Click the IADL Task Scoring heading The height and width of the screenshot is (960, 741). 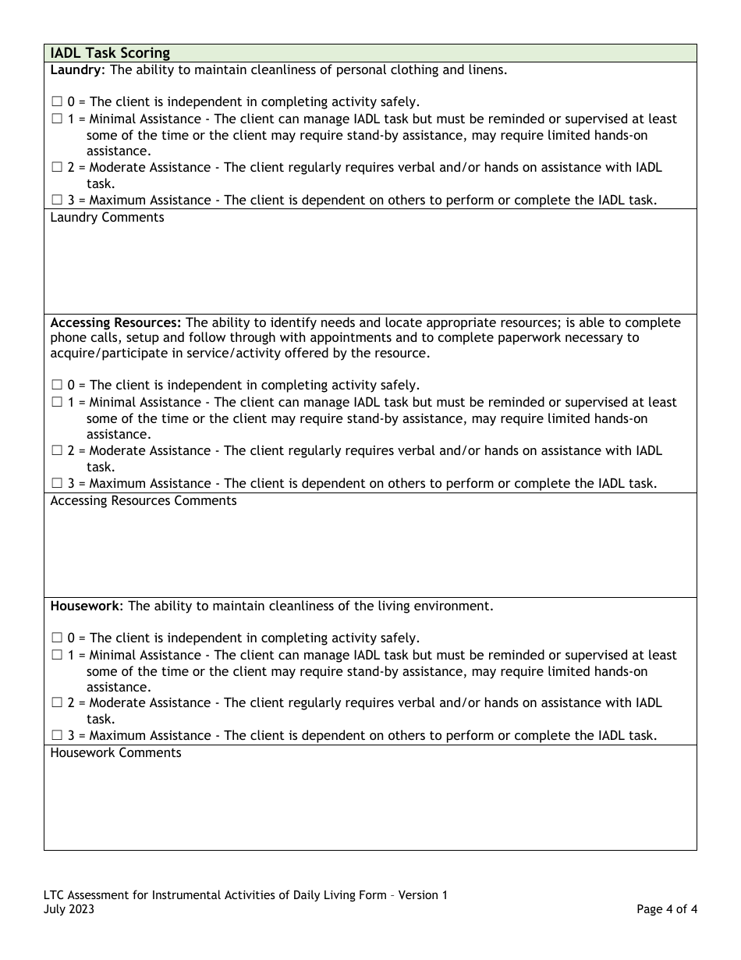click(x=110, y=53)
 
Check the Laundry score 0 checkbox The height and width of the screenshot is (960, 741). click(x=57, y=102)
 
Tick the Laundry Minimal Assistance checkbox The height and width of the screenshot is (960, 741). click(x=57, y=119)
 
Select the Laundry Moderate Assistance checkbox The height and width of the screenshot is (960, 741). click(x=57, y=168)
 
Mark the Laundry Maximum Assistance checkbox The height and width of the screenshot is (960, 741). click(x=57, y=201)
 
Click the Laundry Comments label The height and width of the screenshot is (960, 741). click(x=107, y=218)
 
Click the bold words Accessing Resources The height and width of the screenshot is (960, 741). click(x=115, y=322)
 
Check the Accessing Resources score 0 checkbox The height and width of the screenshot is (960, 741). click(x=57, y=386)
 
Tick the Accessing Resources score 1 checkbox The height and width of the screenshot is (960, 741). click(x=57, y=403)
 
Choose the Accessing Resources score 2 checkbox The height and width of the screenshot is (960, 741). click(x=57, y=451)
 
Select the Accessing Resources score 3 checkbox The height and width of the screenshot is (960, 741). click(x=57, y=484)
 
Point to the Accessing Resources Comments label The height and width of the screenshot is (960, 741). click(x=143, y=501)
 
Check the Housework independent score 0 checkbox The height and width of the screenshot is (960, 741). click(x=57, y=638)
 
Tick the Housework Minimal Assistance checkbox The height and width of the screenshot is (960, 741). click(x=57, y=656)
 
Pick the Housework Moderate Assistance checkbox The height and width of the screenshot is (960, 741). click(x=57, y=703)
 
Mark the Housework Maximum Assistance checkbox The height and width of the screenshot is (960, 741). click(x=57, y=736)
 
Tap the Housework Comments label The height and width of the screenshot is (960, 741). click(x=115, y=753)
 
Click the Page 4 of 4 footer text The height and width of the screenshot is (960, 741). click(x=666, y=909)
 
